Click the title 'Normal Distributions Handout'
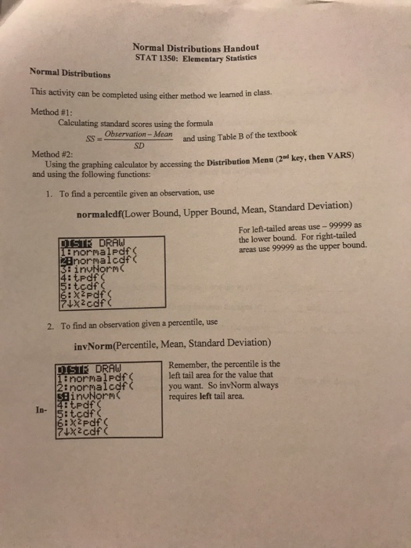(x=196, y=46)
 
